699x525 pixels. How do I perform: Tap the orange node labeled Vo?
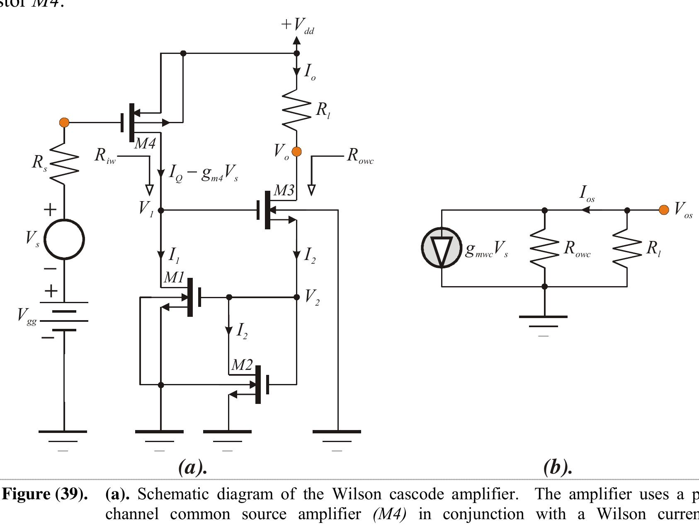click(x=296, y=152)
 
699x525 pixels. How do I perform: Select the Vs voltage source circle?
click(x=65, y=239)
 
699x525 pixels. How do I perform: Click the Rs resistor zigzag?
click(x=65, y=164)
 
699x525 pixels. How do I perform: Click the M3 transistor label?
click(x=284, y=191)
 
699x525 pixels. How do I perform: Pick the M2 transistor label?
click(x=242, y=365)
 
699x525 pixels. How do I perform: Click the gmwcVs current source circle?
click(x=442, y=248)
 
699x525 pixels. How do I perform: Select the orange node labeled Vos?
click(x=664, y=210)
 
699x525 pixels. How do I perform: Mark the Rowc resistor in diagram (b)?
click(x=545, y=248)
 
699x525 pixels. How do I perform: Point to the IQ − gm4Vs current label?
click(x=203, y=174)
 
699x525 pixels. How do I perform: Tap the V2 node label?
click(x=312, y=297)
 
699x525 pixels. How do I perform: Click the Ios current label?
click(x=587, y=193)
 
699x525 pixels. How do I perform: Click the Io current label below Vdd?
click(x=309, y=73)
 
